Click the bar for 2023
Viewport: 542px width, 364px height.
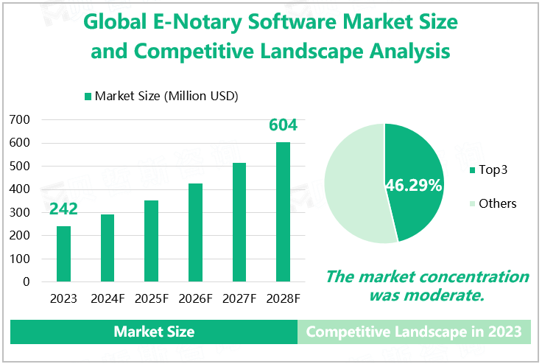coord(64,253)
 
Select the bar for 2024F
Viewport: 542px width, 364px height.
coord(108,248)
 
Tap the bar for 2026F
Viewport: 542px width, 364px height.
coord(195,232)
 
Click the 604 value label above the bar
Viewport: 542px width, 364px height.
coord(283,125)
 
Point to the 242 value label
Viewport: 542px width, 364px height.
coord(64,209)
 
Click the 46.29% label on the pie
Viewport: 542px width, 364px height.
coord(413,186)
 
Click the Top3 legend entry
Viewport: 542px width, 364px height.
coord(493,170)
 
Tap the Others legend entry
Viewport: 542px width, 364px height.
coord(497,203)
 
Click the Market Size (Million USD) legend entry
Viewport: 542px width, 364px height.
coord(166,96)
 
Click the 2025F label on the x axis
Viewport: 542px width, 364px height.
coord(151,299)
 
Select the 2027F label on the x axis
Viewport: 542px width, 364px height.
coord(239,299)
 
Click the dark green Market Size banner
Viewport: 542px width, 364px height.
coord(154,332)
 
